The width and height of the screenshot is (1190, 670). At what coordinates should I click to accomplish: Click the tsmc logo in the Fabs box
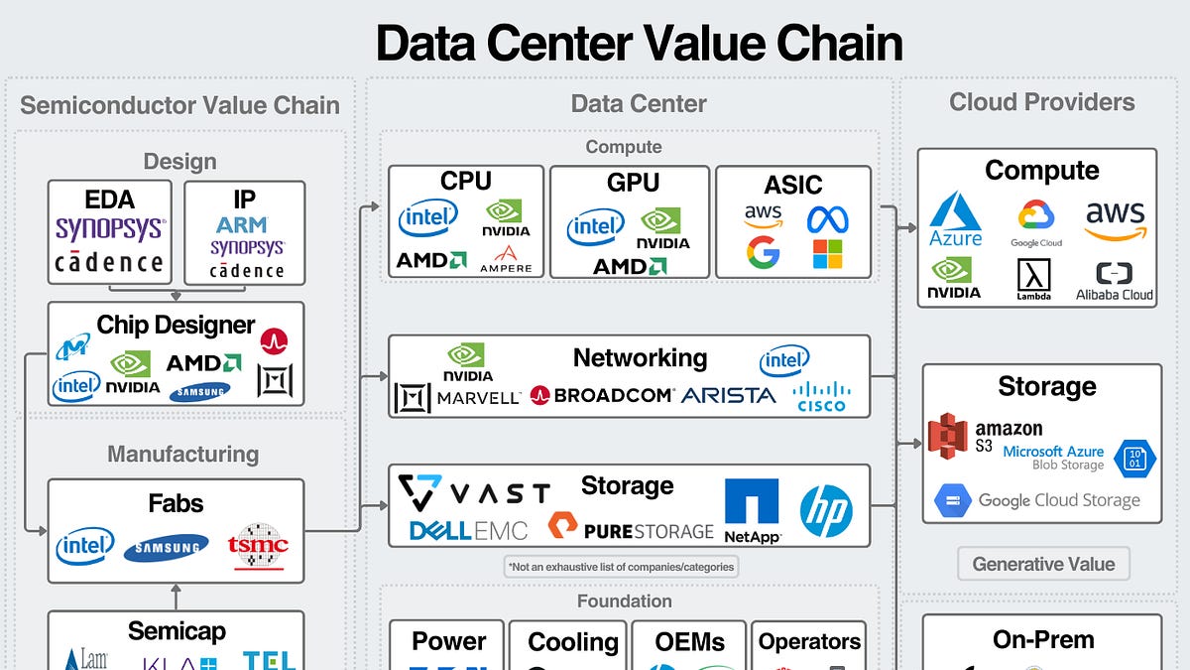coord(259,545)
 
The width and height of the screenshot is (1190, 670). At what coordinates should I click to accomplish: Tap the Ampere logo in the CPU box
coord(506,259)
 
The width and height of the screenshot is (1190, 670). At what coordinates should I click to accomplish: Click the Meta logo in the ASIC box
coord(827,217)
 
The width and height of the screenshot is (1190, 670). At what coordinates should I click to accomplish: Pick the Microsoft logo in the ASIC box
coord(827,255)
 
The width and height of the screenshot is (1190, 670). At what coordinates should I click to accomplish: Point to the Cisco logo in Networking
coord(822,396)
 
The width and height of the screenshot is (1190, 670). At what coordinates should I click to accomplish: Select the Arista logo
coord(728,395)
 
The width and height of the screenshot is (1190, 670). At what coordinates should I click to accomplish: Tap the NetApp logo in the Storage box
coord(752,510)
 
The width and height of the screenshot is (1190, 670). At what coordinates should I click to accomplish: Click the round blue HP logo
coord(826,510)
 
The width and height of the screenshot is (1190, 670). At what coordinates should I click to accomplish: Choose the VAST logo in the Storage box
coord(474,492)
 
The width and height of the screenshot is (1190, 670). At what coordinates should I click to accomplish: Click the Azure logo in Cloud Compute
coord(956,218)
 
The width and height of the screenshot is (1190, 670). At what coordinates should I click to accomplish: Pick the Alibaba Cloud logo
coord(1115,281)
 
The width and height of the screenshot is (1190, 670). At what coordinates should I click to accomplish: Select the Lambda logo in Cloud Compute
coord(1033,280)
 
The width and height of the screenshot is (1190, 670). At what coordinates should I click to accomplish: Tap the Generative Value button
coord(1043,564)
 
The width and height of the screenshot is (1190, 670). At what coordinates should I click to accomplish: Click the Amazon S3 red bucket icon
coord(947,439)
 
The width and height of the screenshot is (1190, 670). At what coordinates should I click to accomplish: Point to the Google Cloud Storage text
coord(1058,500)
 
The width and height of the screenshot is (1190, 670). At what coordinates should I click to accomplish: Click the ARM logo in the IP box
coord(244,224)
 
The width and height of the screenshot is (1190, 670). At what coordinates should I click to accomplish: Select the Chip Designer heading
coord(176,325)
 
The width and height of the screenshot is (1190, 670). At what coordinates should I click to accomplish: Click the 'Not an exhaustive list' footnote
coord(622,567)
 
